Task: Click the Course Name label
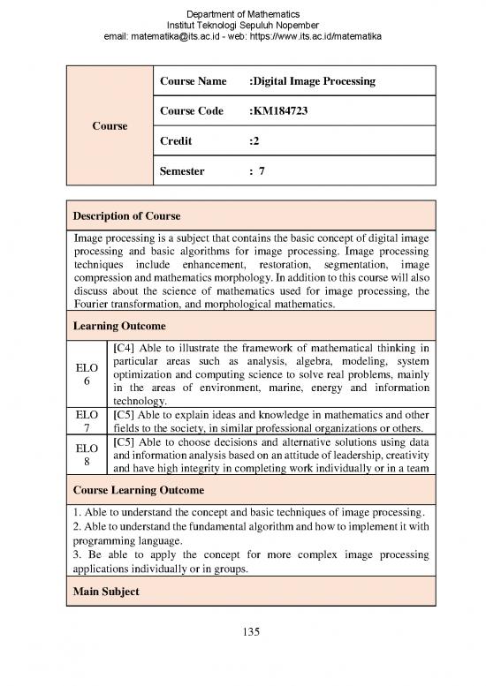[x=193, y=81]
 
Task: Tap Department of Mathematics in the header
[x=243, y=13]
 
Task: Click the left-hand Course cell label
[x=110, y=125]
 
